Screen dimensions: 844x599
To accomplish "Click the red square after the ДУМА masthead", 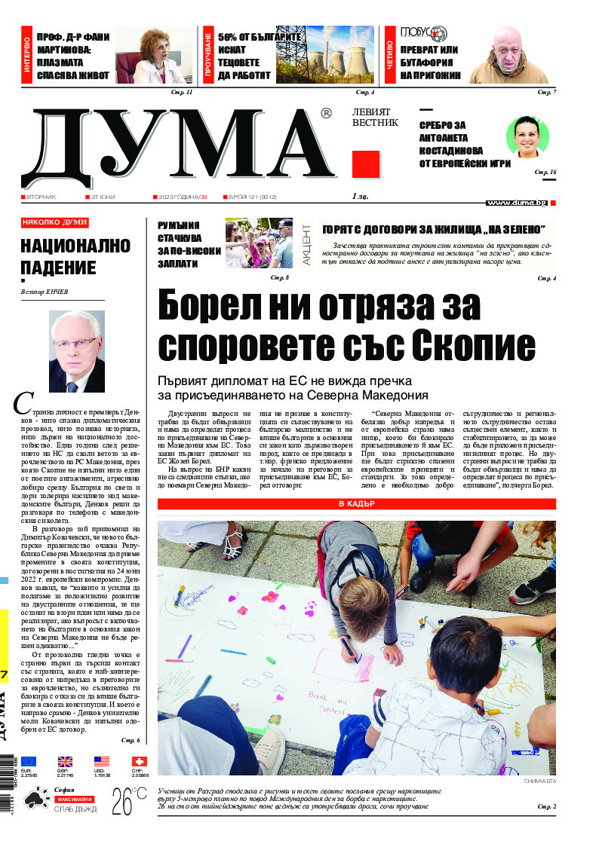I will tap(366, 164).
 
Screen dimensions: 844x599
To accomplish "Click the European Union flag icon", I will tap(29, 762).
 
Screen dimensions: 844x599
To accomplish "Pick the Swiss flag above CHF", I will tap(139, 762).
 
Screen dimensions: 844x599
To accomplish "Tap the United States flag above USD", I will tap(102, 762).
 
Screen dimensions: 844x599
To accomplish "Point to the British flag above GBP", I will tap(66, 762).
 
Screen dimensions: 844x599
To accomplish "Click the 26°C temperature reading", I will tap(129, 802).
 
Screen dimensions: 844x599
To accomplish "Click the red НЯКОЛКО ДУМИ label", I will tap(54, 223).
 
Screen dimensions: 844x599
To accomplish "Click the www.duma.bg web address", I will tap(517, 203).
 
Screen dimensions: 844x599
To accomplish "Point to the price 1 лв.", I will tap(363, 197).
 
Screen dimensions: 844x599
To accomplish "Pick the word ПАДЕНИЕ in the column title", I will tap(59, 268).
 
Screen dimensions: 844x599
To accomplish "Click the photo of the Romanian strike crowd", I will tap(259, 243).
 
